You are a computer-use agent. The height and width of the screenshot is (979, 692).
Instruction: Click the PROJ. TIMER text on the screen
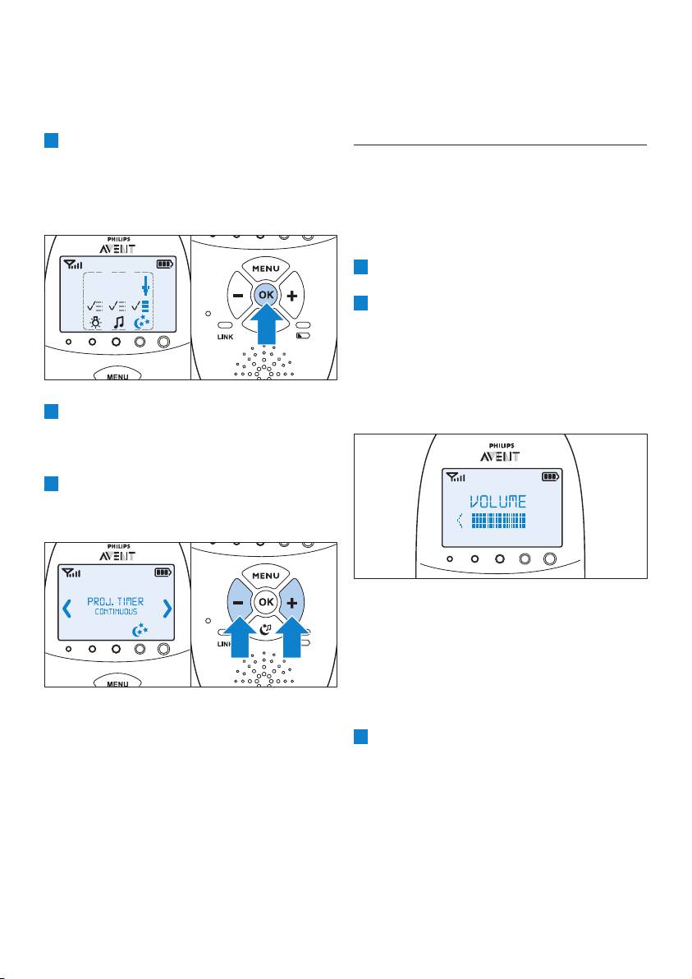coord(115,601)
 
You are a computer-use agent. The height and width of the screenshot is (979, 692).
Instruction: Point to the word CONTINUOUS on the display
coord(115,613)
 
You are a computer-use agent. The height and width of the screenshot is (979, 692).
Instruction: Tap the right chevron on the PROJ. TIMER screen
coord(167,608)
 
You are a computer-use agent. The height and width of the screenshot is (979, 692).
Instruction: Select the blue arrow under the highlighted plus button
coord(296,644)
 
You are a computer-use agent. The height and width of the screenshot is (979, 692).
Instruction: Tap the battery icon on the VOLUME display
coord(548,476)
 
